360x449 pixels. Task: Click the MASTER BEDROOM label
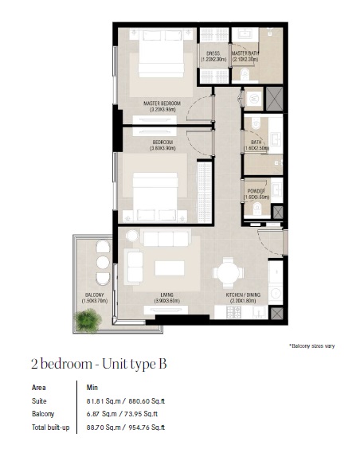[162, 103]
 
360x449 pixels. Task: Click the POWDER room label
[256, 193]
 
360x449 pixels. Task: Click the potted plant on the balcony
[87, 319]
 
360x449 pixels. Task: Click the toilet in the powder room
[258, 209]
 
